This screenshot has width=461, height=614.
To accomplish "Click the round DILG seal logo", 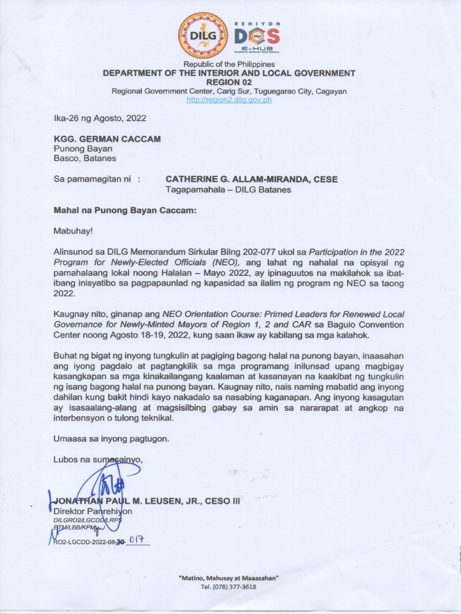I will click(203, 35).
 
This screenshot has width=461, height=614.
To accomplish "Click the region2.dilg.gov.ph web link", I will click(229, 100).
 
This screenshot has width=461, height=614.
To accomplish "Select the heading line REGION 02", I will click(229, 82).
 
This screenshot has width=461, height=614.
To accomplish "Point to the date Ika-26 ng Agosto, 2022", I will click(100, 118).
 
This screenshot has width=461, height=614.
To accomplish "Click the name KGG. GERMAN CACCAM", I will click(107, 139).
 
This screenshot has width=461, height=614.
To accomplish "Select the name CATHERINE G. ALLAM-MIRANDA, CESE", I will click(251, 179).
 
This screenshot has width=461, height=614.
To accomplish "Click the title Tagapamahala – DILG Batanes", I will click(228, 189).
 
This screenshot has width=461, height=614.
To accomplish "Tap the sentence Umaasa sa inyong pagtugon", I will click(111, 438).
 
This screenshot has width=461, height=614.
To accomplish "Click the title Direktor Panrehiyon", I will click(92, 511).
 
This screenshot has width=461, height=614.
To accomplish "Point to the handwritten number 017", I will click(139, 540).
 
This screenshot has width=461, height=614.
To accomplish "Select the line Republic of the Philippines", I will click(229, 64).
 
